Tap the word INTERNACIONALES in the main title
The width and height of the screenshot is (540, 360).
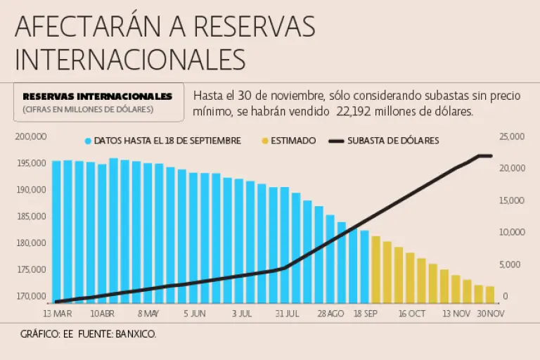click(130, 59)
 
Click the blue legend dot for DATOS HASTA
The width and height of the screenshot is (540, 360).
click(88, 141)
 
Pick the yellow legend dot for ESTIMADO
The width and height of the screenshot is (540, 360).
click(264, 141)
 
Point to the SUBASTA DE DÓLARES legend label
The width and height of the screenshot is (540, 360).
click(393, 141)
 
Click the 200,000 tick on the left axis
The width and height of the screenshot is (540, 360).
click(30, 136)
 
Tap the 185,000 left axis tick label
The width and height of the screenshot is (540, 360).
click(30, 217)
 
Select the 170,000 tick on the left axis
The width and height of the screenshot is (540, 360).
click(30, 296)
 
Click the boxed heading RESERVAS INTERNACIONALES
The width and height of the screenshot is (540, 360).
click(97, 96)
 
